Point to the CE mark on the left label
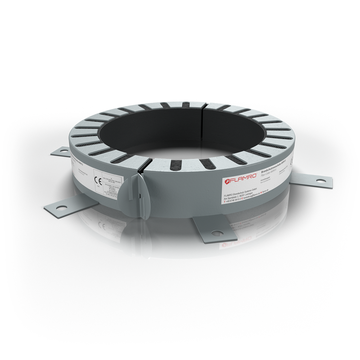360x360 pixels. tap(98, 180)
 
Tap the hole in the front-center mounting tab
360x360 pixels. tap(217, 233)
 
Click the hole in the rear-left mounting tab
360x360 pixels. tap(64, 151)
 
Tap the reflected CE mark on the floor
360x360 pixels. tap(93, 226)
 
